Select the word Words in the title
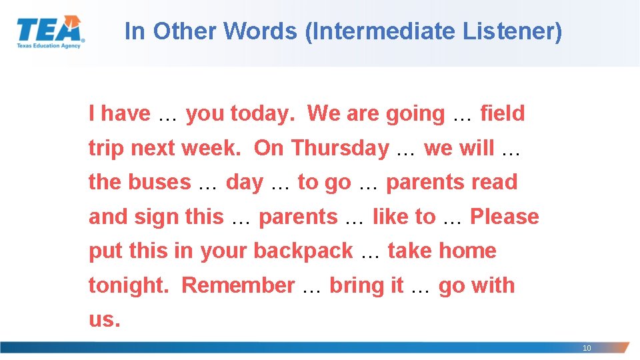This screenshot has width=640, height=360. tap(261, 31)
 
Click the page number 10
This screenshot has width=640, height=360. tap(587, 348)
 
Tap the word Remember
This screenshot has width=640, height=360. tap(238, 285)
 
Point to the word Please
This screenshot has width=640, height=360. tap(505, 217)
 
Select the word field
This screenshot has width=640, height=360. tap(503, 113)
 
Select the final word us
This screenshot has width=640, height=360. tap(104, 319)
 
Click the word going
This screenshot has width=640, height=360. tap(415, 114)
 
